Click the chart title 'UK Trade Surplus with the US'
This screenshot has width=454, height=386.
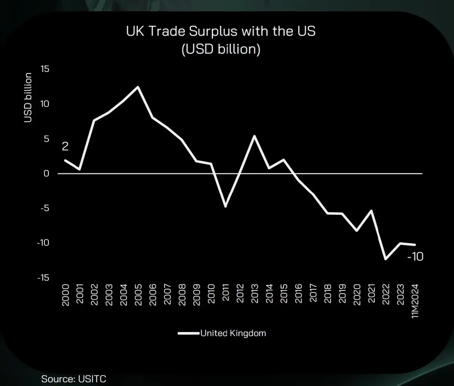[x=221, y=31]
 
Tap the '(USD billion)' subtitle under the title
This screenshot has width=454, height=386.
[x=221, y=49]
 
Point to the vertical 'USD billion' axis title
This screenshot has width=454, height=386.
[x=28, y=98]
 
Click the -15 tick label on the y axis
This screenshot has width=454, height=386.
[x=43, y=277]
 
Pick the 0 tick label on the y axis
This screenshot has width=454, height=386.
[x=47, y=174]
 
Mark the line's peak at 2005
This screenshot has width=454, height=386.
[x=138, y=87]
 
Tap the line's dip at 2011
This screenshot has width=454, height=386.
[x=225, y=206]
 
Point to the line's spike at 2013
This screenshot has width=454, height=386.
[x=255, y=136]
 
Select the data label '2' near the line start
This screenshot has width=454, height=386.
[x=65, y=146]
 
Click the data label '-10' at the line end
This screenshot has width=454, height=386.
[x=415, y=257]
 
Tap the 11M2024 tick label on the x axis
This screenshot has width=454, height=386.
[x=415, y=301]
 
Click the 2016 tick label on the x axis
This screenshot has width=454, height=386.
[x=299, y=294]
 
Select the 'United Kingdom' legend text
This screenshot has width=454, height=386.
[x=233, y=333]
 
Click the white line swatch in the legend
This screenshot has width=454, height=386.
[x=188, y=333]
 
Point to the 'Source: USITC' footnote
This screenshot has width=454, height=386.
[x=74, y=379]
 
